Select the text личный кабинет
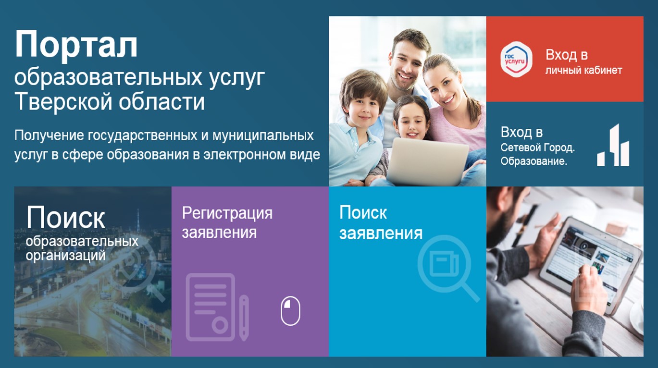pos(584,70)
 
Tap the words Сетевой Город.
pos(537,147)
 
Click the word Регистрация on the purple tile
pos(227,213)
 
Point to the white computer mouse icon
pos(290,311)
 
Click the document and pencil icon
pos(217,307)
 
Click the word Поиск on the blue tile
pos(363,213)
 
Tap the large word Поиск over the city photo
pos(65,217)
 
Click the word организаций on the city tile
pos(65,255)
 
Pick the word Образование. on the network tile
pos(534,161)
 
